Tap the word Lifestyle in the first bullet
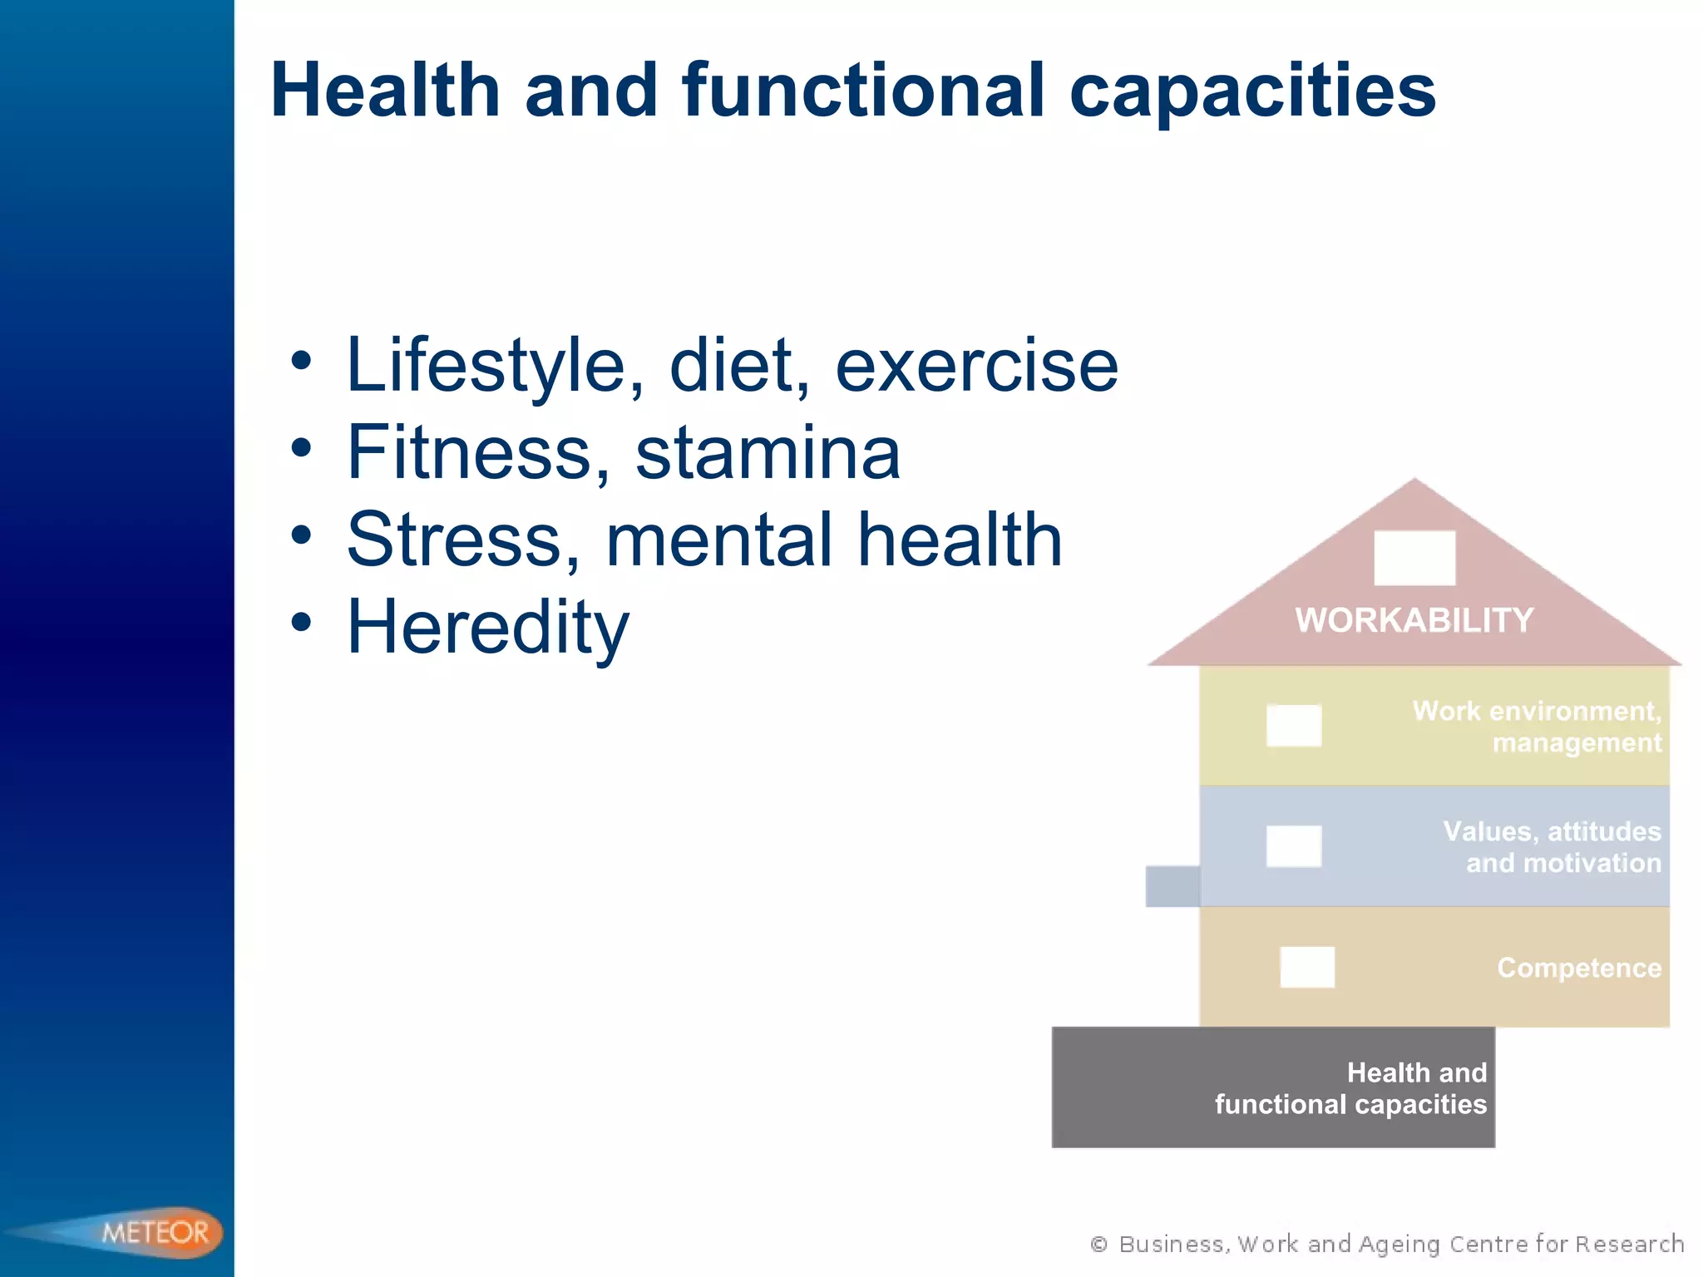tap(486, 366)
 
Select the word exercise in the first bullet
tap(976, 366)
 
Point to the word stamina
tap(768, 454)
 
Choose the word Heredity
tap(488, 629)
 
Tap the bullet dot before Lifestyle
tap(301, 361)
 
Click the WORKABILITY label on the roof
tap(1414, 620)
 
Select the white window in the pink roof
tap(1414, 558)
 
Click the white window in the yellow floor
tap(1293, 725)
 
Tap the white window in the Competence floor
tap(1306, 967)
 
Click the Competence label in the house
tap(1578, 968)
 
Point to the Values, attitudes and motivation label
tap(1552, 847)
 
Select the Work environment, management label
tap(1537, 727)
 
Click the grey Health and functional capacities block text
tap(1350, 1088)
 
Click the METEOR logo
tap(155, 1232)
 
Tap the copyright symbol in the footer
tap(1098, 1245)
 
